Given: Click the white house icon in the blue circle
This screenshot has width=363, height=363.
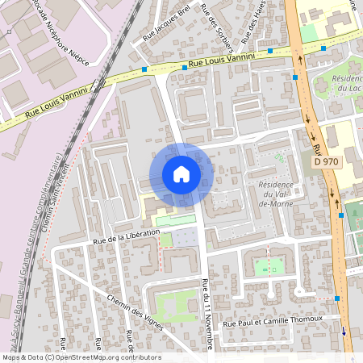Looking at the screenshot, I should (x=181, y=174).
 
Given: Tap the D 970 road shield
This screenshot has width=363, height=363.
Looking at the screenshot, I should (x=325, y=162).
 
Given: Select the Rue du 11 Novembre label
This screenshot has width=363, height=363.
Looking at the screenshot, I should (x=208, y=314).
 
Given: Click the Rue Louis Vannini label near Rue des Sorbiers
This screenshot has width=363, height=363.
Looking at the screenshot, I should (x=221, y=59).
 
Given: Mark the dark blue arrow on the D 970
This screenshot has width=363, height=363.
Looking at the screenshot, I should (x=343, y=330).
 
